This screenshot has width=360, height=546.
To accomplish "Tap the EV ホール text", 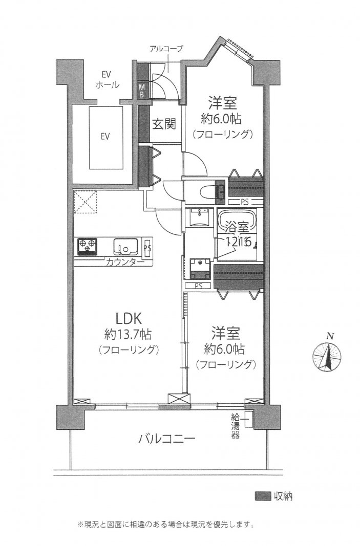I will (x=108, y=80).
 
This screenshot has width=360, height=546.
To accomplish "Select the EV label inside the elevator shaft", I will (x=105, y=137).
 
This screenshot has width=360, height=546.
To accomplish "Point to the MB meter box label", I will (x=143, y=90).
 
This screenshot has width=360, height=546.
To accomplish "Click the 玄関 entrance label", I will (x=164, y=124).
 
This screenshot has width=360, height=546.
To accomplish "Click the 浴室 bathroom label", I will (x=234, y=225).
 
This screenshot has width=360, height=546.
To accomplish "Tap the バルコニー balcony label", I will (x=166, y=439).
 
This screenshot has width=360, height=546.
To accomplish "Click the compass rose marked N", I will (x=327, y=357).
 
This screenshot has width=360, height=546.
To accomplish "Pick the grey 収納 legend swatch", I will (x=263, y=496).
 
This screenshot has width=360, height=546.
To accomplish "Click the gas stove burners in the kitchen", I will (x=88, y=246).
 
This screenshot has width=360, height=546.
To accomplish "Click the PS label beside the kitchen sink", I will (x=147, y=246).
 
